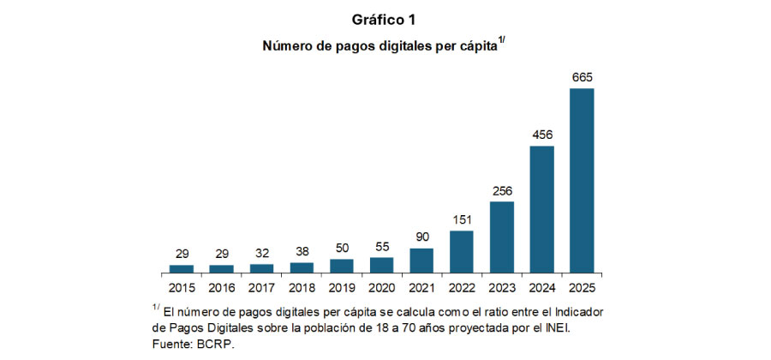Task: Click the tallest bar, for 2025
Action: [x=582, y=180]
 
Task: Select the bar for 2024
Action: [x=541, y=208]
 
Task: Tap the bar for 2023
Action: [x=501, y=237]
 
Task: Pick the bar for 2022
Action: [x=462, y=251]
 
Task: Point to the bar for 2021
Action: [x=421, y=260]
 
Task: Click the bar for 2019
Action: [x=342, y=266]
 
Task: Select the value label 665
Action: [x=582, y=78]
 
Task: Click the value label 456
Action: [x=541, y=135]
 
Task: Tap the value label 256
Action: [x=501, y=191]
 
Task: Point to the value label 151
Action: [x=462, y=220]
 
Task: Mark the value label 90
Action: [x=421, y=237]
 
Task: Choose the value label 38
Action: [x=302, y=252]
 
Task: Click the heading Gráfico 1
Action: [x=385, y=19]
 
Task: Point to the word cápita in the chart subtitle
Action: [x=475, y=48]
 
